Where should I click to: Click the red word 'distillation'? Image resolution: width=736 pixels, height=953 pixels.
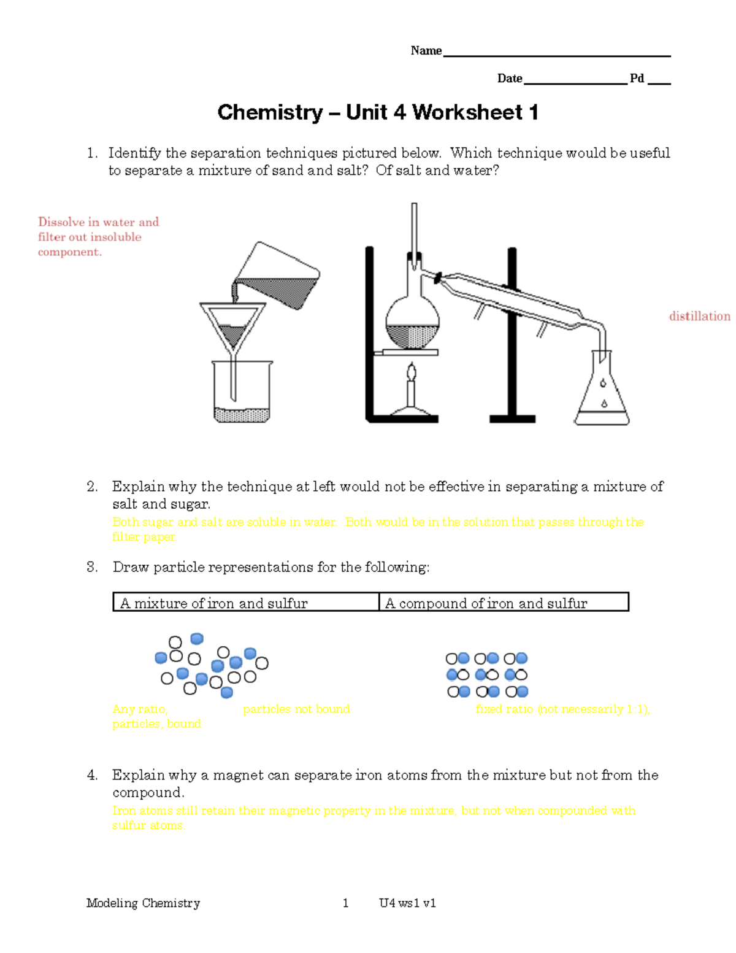pyautogui.click(x=699, y=316)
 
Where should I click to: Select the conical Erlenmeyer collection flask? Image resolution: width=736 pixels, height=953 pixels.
pyautogui.click(x=602, y=393)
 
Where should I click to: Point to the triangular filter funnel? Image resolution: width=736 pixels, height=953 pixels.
pyautogui.click(x=232, y=325)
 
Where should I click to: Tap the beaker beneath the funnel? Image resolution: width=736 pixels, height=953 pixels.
pyautogui.click(x=243, y=393)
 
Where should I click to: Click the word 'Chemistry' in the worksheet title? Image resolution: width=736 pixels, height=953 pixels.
pyautogui.click(x=270, y=112)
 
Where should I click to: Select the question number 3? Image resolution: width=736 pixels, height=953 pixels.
pyautogui.click(x=91, y=567)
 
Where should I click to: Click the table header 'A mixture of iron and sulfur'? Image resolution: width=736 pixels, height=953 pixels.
pyautogui.click(x=214, y=603)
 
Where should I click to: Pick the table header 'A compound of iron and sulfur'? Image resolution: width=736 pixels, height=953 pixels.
pyautogui.click(x=486, y=603)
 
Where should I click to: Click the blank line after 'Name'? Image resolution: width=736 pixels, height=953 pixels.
pyautogui.click(x=556, y=53)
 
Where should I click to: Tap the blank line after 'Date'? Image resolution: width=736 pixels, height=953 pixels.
pyautogui.click(x=575, y=81)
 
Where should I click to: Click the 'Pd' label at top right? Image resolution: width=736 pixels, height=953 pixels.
pyautogui.click(x=637, y=79)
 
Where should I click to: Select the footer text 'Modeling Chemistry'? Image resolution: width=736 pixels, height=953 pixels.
pyautogui.click(x=143, y=903)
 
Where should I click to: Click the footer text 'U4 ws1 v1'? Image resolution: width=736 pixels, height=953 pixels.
pyautogui.click(x=407, y=903)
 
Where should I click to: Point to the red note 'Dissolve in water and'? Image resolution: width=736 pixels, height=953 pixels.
pyautogui.click(x=98, y=222)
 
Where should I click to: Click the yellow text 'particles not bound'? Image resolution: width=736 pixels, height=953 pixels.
pyautogui.click(x=296, y=709)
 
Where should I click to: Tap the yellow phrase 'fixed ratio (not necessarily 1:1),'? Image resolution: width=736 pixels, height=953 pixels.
pyautogui.click(x=562, y=709)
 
